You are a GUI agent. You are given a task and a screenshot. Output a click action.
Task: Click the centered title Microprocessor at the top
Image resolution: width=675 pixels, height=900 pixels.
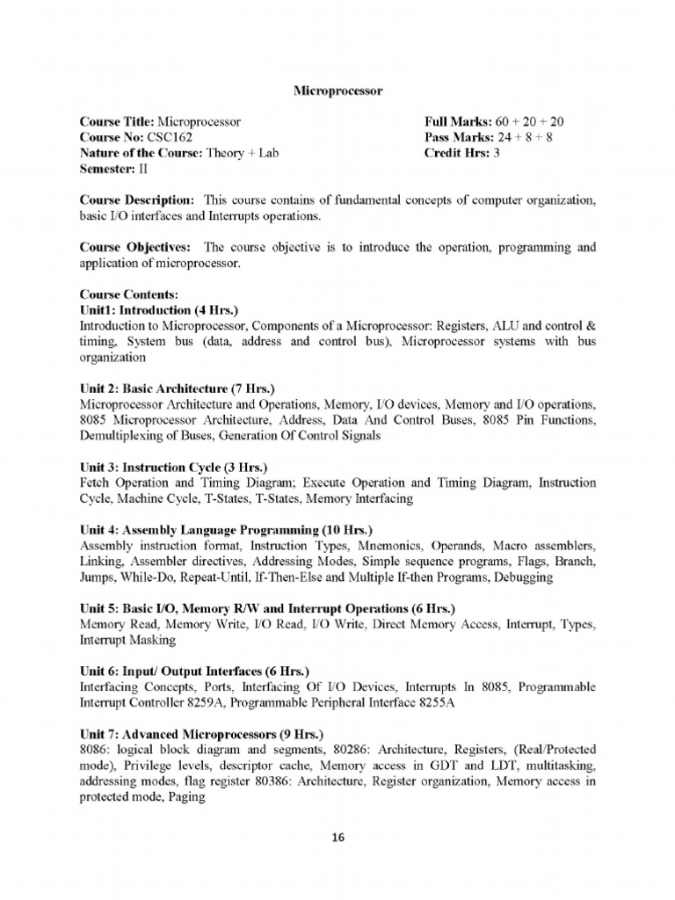[337, 90]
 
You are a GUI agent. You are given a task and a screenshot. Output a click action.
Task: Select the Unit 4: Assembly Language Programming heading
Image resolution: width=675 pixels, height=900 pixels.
[226, 531]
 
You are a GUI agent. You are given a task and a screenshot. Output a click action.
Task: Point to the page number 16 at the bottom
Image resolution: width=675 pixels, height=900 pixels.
[337, 838]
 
